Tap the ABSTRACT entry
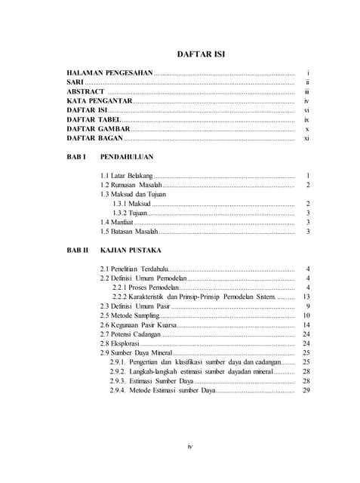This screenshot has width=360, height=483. pos(85,91)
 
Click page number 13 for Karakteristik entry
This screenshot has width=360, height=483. pos(306,296)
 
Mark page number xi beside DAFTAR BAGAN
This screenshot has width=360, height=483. pos(306,139)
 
